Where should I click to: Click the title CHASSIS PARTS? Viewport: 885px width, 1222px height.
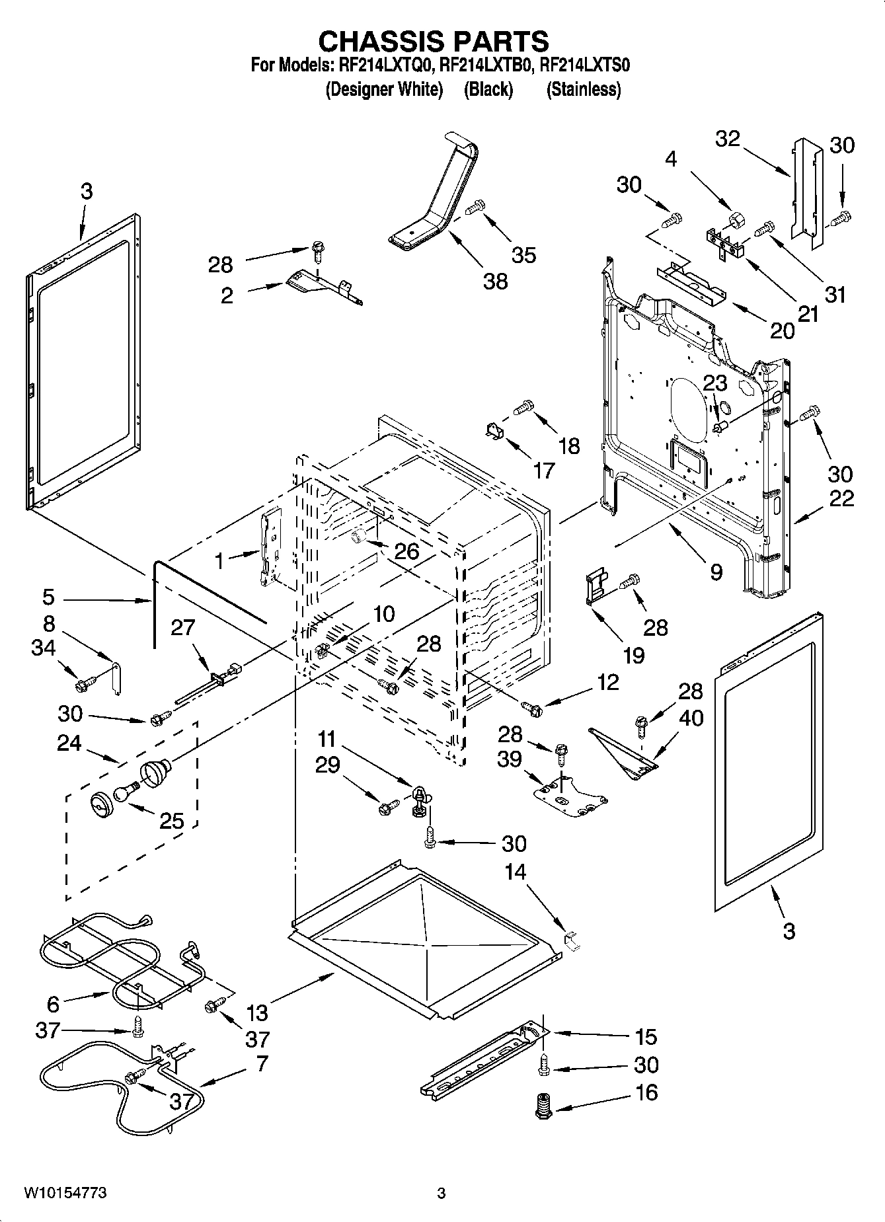(x=434, y=41)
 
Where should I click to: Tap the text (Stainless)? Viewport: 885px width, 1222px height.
(x=584, y=89)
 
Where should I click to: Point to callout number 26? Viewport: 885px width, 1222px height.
(x=406, y=551)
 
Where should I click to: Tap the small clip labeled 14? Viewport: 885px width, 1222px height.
(x=570, y=940)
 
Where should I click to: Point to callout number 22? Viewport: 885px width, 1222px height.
(x=841, y=499)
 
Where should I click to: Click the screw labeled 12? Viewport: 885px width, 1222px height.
(x=531, y=708)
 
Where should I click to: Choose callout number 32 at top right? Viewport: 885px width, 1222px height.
(x=728, y=139)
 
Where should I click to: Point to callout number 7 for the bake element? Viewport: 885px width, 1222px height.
(x=262, y=1063)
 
